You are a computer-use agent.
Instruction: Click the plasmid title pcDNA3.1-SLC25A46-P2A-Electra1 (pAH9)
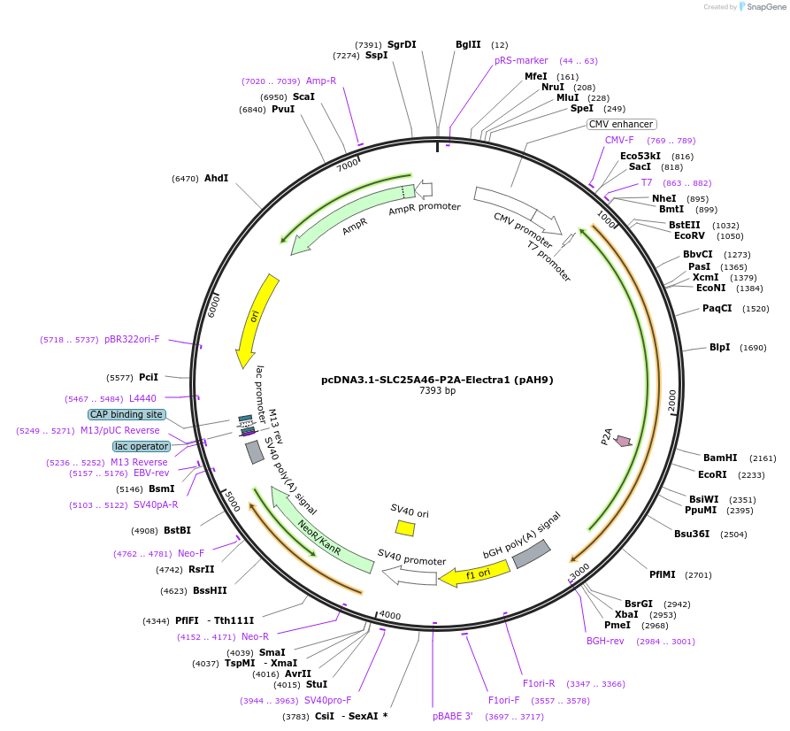[437, 380]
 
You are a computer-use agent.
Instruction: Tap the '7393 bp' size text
[437, 391]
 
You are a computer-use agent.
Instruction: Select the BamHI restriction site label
[720, 458]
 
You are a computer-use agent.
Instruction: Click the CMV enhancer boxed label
[622, 125]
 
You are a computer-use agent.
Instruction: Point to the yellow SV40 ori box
[405, 527]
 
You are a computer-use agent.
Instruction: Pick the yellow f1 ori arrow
[475, 574]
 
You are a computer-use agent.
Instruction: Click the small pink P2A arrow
[623, 441]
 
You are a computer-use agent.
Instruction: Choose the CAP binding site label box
[127, 414]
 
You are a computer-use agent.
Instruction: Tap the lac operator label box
[141, 446]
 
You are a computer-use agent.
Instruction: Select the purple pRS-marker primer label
[521, 60]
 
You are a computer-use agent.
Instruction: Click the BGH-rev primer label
[606, 641]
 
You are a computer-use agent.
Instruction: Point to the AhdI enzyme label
[216, 179]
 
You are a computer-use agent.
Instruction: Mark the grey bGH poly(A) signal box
[533, 554]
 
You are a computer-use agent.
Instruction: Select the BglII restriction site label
[468, 44]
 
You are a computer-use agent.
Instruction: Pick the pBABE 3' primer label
[453, 716]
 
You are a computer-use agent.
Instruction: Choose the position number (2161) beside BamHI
[763, 458]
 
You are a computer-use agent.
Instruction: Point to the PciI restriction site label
[149, 377]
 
